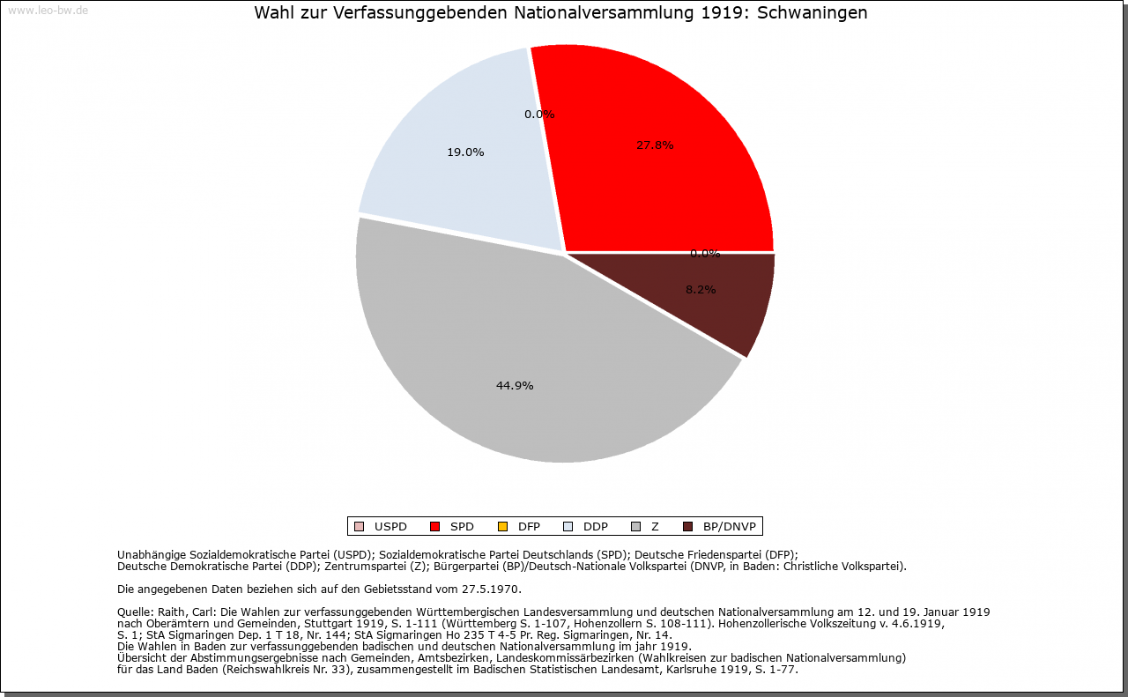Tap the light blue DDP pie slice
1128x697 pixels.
(458, 176)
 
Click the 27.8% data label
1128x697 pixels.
(655, 145)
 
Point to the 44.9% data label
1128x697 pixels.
(515, 386)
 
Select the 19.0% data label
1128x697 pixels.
(465, 152)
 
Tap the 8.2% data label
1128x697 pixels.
(701, 290)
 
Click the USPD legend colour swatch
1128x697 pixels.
(359, 527)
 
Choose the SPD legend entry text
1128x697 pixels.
(462, 527)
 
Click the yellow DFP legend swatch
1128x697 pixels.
(502, 527)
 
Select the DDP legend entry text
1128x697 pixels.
(596, 527)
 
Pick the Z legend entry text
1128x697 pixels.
(655, 527)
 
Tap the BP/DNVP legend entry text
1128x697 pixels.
(729, 527)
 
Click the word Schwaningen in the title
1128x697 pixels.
(813, 13)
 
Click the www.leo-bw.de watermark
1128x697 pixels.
(48, 11)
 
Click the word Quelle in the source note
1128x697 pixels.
(135, 612)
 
